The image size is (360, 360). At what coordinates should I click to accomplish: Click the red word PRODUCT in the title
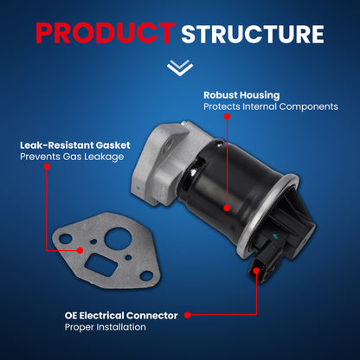point(106,33)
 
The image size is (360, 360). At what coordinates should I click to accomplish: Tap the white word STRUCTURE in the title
point(253,34)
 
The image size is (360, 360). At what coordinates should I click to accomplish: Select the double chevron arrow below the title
point(180,67)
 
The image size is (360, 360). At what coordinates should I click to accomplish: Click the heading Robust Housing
point(241,95)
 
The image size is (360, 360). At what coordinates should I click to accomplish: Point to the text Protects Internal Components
point(271,106)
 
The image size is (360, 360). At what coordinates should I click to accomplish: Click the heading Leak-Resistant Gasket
point(75,145)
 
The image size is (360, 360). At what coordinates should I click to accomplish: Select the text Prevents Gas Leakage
point(72,157)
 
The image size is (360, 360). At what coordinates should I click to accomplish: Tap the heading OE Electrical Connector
point(121,315)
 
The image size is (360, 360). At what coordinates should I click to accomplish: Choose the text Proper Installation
point(105,327)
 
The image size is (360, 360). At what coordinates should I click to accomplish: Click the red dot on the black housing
point(227,208)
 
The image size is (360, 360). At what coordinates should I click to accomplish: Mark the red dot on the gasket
point(80,250)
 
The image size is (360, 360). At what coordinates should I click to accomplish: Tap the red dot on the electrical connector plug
point(256,271)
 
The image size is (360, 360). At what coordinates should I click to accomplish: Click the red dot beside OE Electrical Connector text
point(188,315)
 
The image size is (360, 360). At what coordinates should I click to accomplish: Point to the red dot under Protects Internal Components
point(228,117)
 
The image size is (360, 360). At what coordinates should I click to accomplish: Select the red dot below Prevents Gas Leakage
point(47,166)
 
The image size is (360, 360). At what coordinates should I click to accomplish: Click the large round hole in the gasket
point(118,239)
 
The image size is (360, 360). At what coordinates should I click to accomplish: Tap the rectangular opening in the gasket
point(100,265)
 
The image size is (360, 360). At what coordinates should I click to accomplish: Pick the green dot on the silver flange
point(138,189)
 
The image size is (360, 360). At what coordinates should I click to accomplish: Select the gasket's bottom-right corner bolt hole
point(146,276)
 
